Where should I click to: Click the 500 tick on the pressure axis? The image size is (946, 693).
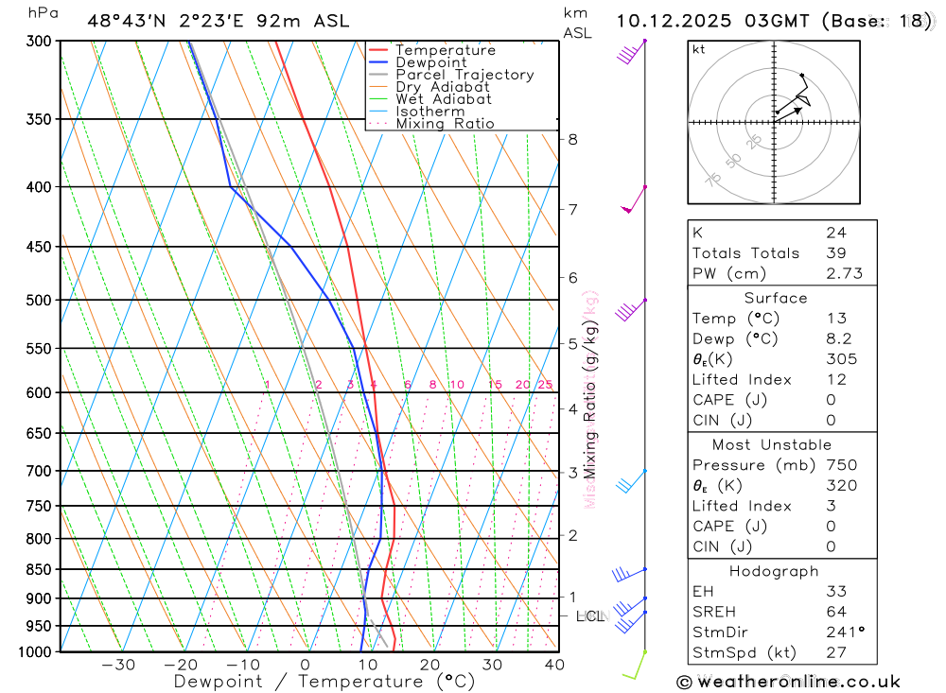click(x=39, y=300)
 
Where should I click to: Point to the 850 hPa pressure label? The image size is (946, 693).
click(x=39, y=569)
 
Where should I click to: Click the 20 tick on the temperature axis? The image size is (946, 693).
click(x=429, y=665)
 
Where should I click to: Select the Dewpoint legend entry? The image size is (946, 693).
click(x=431, y=62)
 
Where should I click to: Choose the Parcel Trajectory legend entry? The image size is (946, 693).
click(x=464, y=75)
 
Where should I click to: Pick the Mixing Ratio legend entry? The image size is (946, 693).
click(x=445, y=124)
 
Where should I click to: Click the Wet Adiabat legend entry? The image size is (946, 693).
click(x=444, y=99)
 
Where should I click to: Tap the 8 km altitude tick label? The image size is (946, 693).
click(x=572, y=140)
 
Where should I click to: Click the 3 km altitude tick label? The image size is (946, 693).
click(x=572, y=472)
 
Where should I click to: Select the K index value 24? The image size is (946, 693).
click(x=835, y=233)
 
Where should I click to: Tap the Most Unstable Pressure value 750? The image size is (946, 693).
click(x=841, y=465)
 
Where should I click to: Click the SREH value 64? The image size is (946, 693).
click(x=835, y=612)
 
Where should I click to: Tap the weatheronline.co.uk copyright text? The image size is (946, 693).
click(x=788, y=682)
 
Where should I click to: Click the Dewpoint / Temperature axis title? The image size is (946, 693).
click(x=324, y=682)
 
